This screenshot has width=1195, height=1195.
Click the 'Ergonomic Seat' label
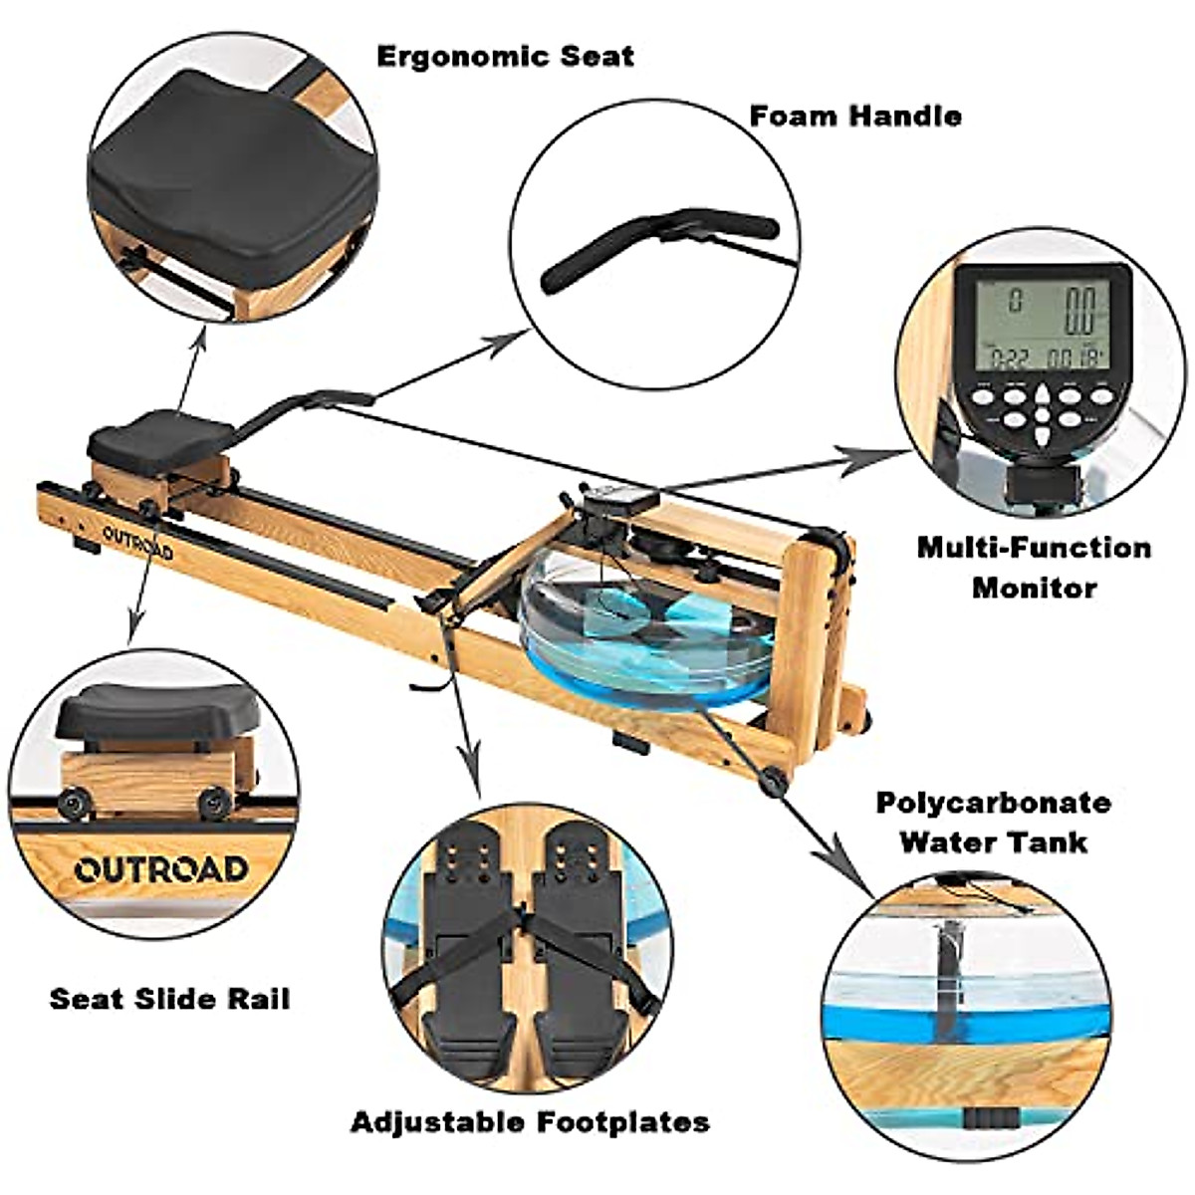(x=505, y=56)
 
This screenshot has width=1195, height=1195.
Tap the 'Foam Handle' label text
(x=854, y=116)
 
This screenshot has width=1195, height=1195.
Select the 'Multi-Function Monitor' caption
(x=1033, y=567)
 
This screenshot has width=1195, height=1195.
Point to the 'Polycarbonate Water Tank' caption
(x=992, y=822)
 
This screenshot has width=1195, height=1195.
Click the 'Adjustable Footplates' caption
(x=530, y=1122)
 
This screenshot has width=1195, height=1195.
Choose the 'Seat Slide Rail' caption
(x=169, y=998)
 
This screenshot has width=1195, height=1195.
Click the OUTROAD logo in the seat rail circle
(x=161, y=868)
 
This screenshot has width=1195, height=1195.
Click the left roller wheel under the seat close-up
(x=72, y=803)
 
